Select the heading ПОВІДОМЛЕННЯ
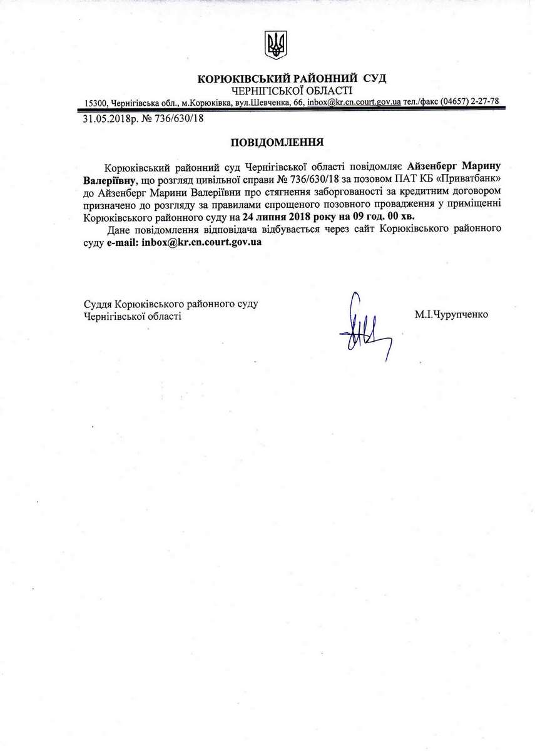[x=277, y=142]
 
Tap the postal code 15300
[x=96, y=102]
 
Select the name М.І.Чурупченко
[x=451, y=315]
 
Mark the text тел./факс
[x=421, y=101]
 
